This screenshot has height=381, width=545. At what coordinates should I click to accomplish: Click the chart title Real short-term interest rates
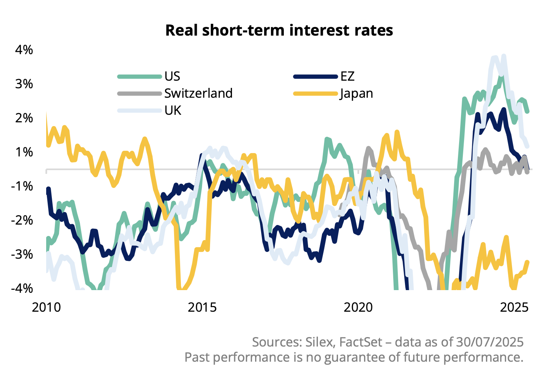279,30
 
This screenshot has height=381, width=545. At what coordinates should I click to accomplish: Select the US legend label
172,77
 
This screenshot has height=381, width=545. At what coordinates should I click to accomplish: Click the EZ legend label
347,77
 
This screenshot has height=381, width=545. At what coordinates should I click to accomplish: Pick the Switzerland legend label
198,94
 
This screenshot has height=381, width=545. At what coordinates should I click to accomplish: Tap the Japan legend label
356,94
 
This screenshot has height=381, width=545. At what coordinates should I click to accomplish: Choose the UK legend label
173,111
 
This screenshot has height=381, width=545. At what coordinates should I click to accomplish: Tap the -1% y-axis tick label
22,186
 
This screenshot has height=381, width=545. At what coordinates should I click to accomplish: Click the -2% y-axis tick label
22,220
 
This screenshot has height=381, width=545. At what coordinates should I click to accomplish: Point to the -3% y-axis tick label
22,255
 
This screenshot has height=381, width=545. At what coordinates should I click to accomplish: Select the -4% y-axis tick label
22,289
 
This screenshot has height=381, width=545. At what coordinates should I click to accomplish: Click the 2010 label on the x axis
46,307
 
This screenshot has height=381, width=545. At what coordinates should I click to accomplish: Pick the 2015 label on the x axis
202,307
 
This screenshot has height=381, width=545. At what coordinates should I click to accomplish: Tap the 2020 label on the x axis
358,307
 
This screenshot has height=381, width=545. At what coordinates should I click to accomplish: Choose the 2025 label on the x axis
514,307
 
